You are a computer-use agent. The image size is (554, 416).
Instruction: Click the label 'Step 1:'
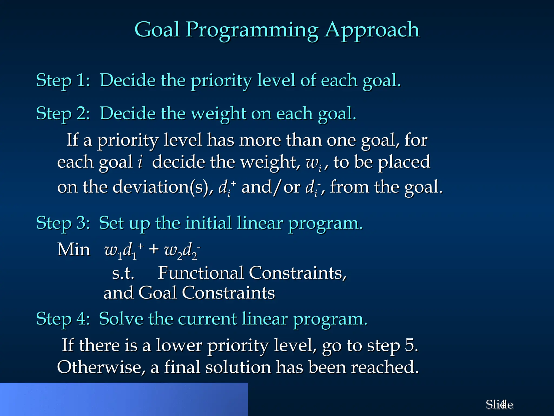[63, 80]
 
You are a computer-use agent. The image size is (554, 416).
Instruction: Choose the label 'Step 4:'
[63, 319]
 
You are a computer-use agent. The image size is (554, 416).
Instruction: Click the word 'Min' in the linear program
[74, 249]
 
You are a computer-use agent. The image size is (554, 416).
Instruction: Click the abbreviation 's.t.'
[123, 273]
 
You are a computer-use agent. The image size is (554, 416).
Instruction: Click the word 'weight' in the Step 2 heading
[219, 114]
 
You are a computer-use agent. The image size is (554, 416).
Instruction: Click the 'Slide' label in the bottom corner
[499, 405]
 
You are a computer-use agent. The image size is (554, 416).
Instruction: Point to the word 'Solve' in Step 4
[121, 319]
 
